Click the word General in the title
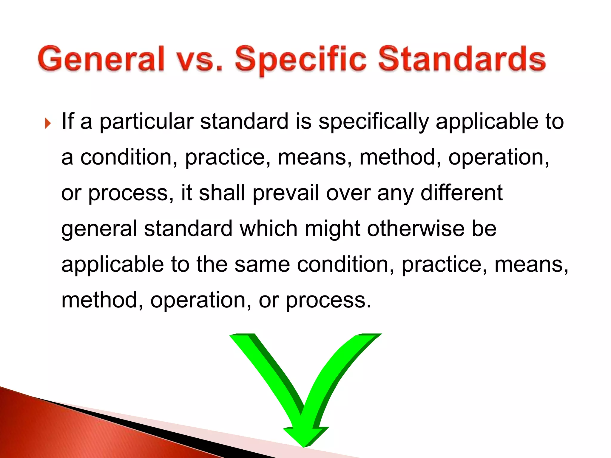click(101, 59)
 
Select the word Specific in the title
click(300, 60)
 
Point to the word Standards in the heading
click(462, 59)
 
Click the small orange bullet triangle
click(48, 123)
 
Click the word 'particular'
click(146, 122)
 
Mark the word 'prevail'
click(286, 193)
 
